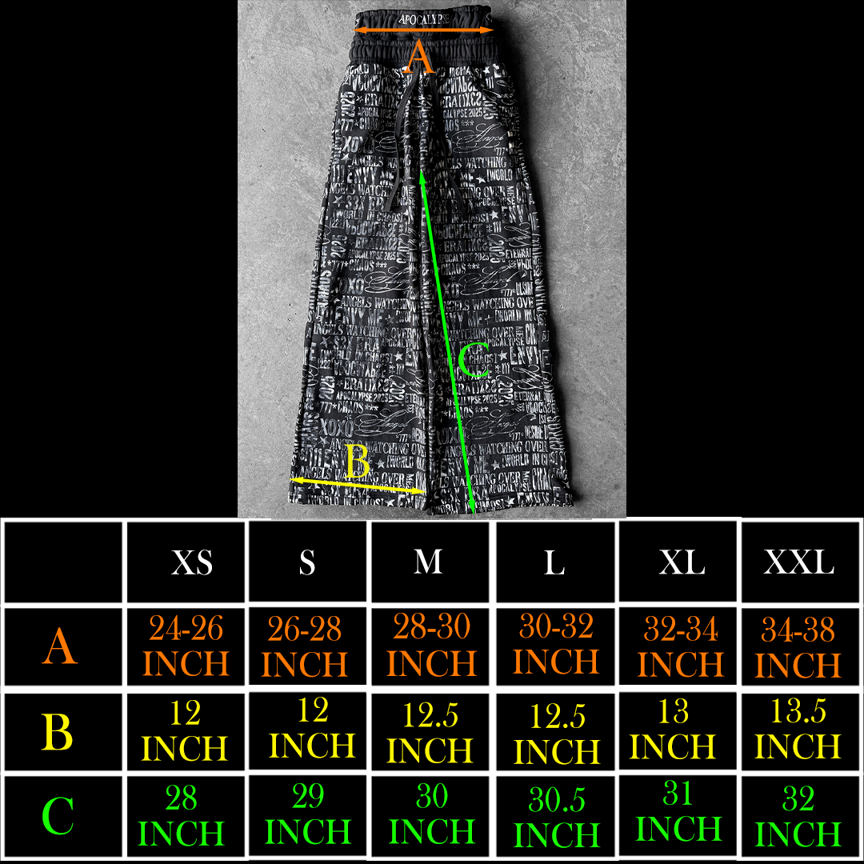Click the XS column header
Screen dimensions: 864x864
pos(192,562)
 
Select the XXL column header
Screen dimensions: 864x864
pos(798,562)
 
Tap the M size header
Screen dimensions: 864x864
pos(428,562)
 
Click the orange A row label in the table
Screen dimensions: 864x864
pos(61,646)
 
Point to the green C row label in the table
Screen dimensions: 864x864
pos(58,816)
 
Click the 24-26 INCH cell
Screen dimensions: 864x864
pos(186,646)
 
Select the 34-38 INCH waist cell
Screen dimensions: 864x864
pos(798,648)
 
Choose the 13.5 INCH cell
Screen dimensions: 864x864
pos(798,730)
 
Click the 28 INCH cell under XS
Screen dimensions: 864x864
pos(182,816)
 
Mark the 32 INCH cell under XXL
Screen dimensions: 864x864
pos(798,816)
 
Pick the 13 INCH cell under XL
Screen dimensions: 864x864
pos(673,730)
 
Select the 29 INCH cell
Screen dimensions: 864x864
pos(308,814)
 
